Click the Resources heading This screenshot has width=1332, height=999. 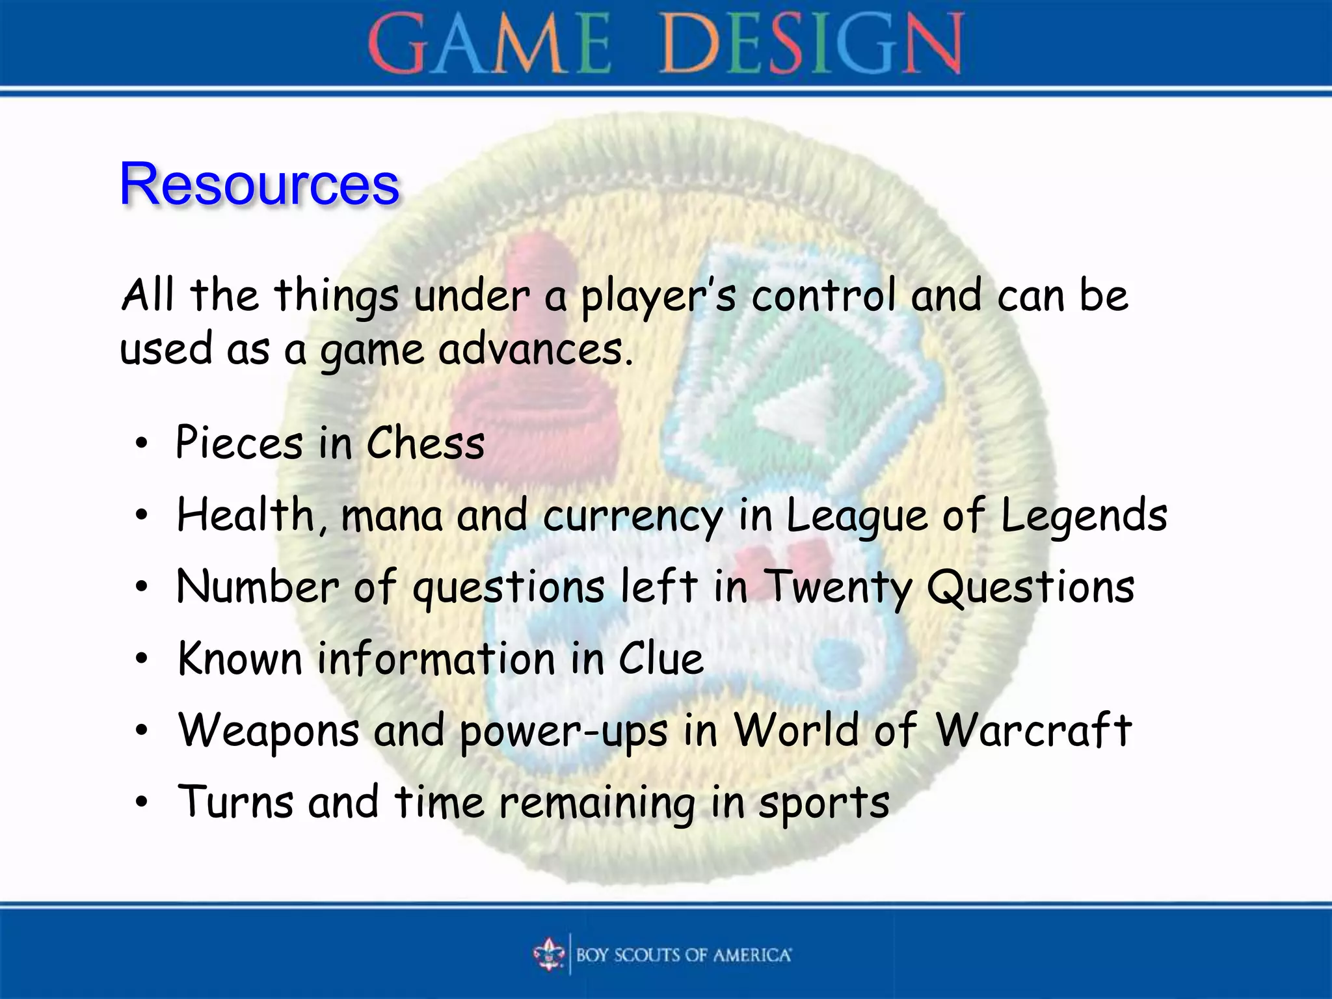click(259, 184)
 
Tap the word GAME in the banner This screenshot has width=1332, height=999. click(489, 44)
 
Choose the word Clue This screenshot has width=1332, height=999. click(661, 659)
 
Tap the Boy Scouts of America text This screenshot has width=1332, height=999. click(683, 955)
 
